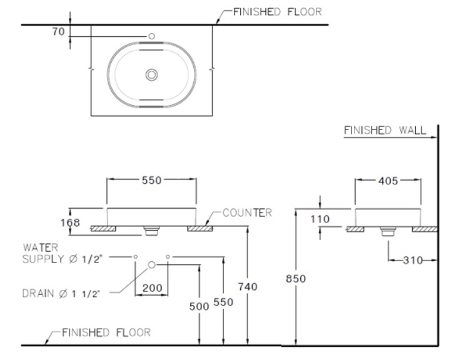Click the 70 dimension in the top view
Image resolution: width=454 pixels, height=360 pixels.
58,30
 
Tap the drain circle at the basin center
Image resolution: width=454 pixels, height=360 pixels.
151,75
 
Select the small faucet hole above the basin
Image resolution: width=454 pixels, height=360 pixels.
151,37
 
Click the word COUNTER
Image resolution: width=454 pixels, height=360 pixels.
248,213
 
